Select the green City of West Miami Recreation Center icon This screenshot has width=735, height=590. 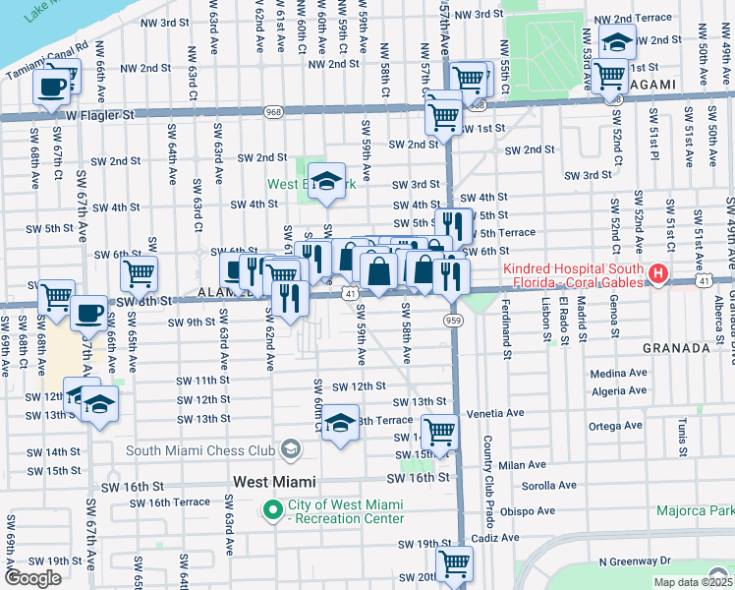click(x=273, y=508)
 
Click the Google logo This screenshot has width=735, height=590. click(x=31, y=578)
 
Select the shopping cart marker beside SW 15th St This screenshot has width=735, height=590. click(x=442, y=432)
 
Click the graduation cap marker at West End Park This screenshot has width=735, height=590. click(x=326, y=182)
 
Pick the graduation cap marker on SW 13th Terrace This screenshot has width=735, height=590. click(x=340, y=424)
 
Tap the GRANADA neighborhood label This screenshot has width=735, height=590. click(x=676, y=348)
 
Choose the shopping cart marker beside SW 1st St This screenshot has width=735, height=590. click(x=444, y=117)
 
